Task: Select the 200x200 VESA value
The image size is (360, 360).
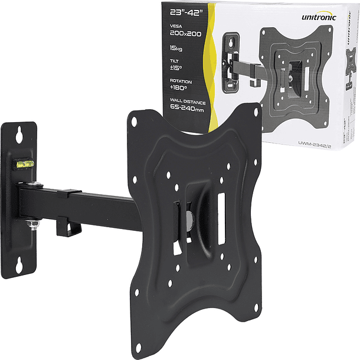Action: [185, 34]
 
